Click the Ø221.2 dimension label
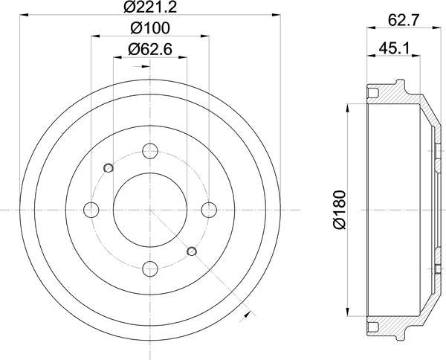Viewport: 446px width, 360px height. tap(150, 7)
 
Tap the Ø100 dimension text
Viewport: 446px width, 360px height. tap(150, 28)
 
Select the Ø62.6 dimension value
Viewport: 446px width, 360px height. tap(150, 49)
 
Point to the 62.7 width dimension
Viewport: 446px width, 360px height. tap(404, 20)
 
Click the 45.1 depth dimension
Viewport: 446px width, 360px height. tap(394, 48)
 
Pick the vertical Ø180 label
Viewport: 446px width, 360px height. tap(339, 210)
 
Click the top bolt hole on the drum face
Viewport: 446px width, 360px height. tap(150, 151)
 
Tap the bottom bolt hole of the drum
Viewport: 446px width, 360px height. tap(150, 269)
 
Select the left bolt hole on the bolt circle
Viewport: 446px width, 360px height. tap(91, 210)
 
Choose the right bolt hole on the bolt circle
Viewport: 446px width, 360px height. tap(209, 210)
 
